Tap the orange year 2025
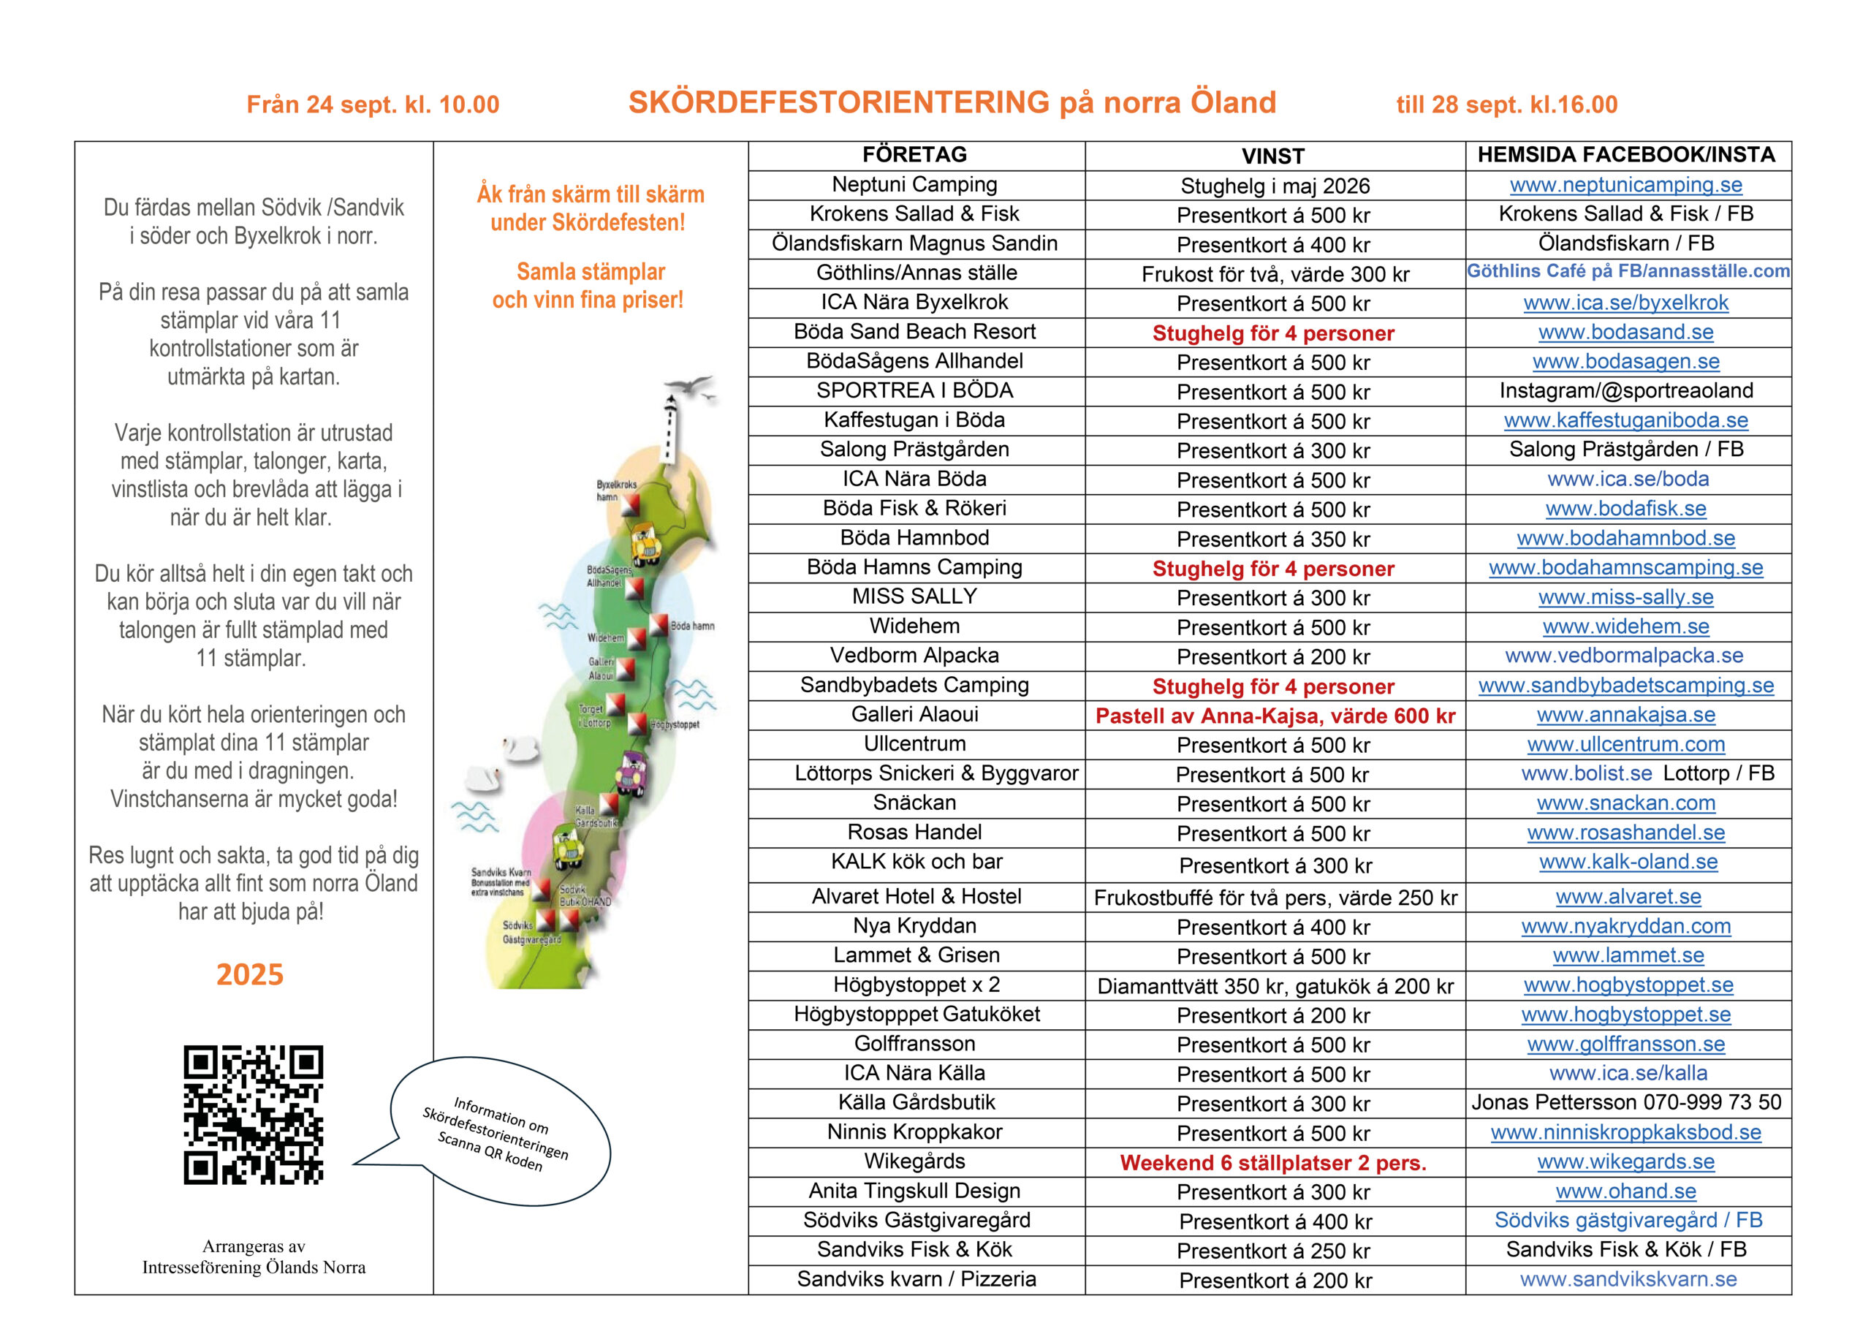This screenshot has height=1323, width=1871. click(249, 974)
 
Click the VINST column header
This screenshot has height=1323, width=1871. click(1273, 156)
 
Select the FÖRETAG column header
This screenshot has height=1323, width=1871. click(914, 155)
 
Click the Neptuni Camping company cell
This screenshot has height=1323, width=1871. click(914, 185)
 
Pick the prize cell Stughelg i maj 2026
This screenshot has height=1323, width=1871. click(1275, 186)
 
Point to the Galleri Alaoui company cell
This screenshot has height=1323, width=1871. click(914, 715)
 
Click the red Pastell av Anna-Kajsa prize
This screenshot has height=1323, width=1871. click(1275, 716)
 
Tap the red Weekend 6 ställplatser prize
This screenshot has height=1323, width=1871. click(1273, 1163)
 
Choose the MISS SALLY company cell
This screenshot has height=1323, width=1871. click(914, 596)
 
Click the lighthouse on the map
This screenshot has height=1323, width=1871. click(670, 428)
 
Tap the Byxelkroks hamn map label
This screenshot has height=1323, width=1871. click(615, 490)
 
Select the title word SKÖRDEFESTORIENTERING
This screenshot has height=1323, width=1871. click(839, 103)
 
